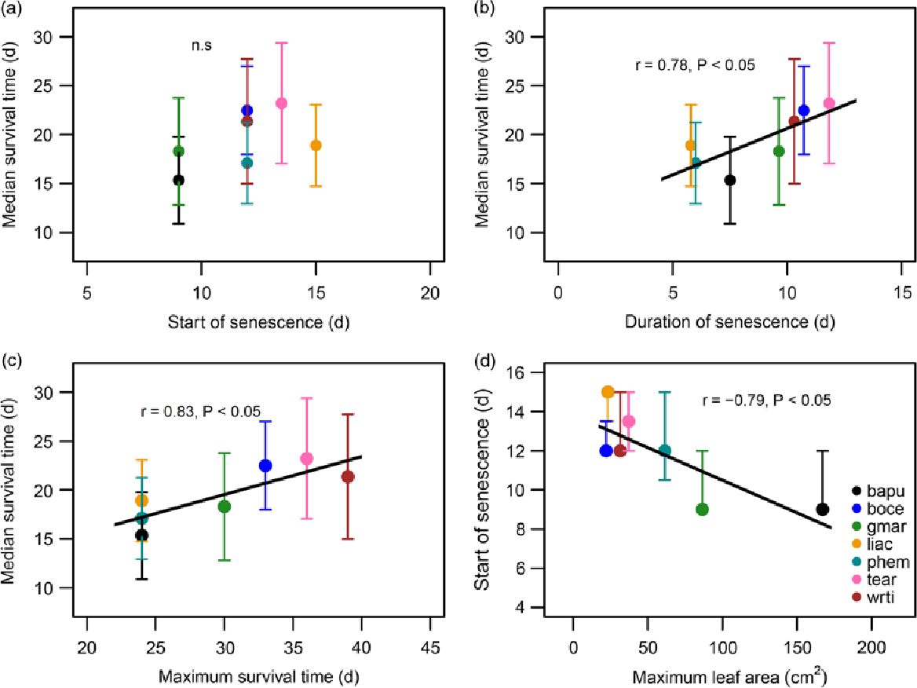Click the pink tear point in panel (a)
pyautogui.click(x=281, y=103)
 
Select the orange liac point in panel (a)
pyautogui.click(x=316, y=145)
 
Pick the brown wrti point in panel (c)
pyautogui.click(x=348, y=477)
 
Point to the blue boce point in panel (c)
pyautogui.click(x=265, y=466)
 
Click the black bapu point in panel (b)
pyautogui.click(x=730, y=180)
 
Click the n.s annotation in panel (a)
pyautogui.click(x=202, y=46)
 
